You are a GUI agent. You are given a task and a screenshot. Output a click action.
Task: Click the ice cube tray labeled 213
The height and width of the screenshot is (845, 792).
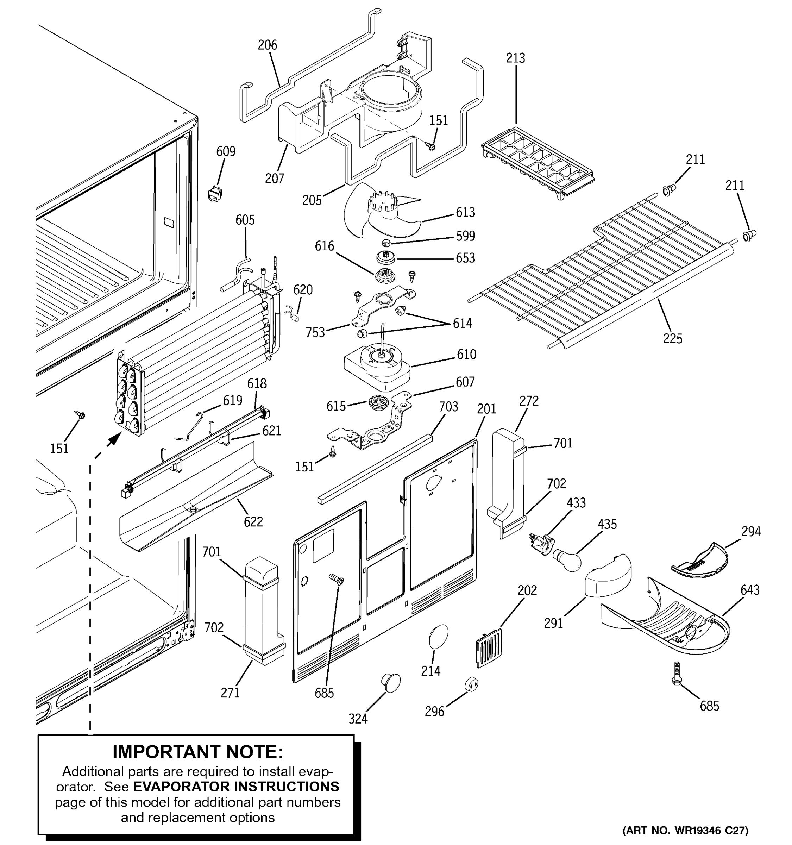click(538, 163)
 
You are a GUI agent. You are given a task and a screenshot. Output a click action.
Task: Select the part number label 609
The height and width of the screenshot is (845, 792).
click(226, 151)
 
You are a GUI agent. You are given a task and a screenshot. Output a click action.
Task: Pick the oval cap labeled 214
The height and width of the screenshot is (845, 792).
click(439, 636)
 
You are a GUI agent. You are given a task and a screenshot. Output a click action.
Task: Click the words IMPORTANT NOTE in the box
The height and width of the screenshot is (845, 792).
click(197, 752)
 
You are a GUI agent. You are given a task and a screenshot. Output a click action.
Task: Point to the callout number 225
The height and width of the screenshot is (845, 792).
click(673, 339)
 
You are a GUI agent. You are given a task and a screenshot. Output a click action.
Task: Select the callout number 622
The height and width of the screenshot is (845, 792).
click(253, 521)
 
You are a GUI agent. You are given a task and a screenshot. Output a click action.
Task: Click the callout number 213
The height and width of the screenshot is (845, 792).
click(515, 58)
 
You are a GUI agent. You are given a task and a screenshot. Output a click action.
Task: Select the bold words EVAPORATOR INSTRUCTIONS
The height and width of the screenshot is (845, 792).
click(236, 787)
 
